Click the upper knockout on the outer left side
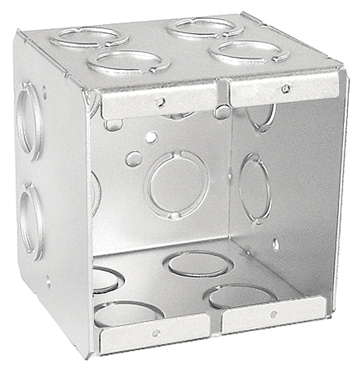(30, 121)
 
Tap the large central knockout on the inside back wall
(177, 184)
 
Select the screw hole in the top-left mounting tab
(159, 102)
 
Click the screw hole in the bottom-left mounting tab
(156, 333)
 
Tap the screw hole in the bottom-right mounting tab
(274, 314)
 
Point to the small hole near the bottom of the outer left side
(48, 281)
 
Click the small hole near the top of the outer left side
(44, 90)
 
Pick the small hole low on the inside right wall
(275, 244)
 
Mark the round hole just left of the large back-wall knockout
(134, 158)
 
